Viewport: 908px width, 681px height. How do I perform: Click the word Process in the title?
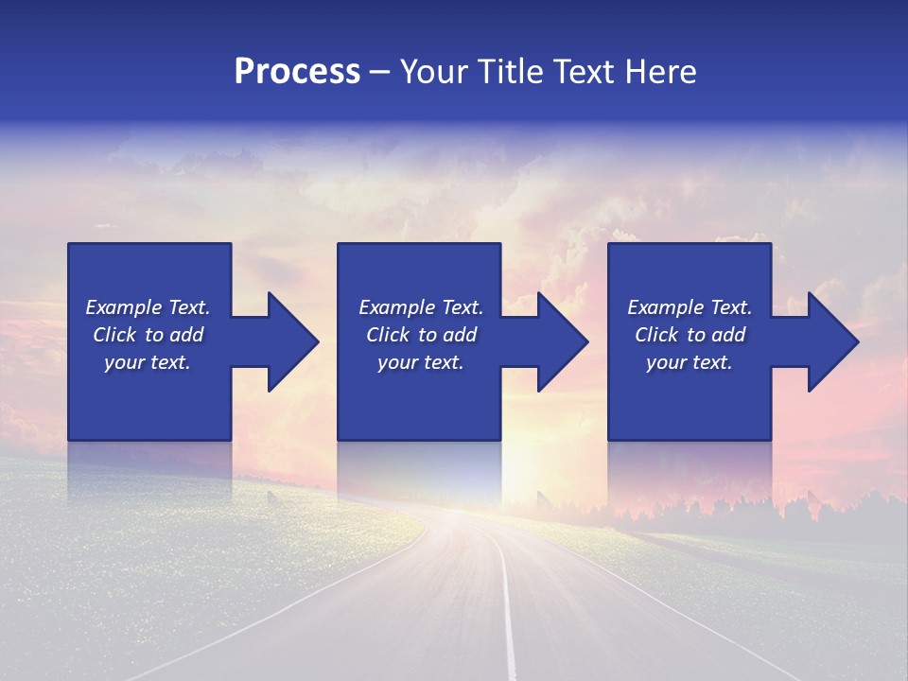(x=297, y=72)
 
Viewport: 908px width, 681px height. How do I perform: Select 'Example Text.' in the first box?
(x=148, y=307)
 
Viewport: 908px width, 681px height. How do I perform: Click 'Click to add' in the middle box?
(x=421, y=335)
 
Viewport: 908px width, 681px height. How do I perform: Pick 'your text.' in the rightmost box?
(x=689, y=362)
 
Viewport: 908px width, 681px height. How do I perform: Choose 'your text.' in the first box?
(x=148, y=362)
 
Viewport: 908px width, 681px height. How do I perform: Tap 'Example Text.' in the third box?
(x=689, y=307)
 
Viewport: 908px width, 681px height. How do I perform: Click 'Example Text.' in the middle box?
(x=421, y=307)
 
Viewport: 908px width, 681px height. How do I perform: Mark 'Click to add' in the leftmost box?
(x=148, y=335)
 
